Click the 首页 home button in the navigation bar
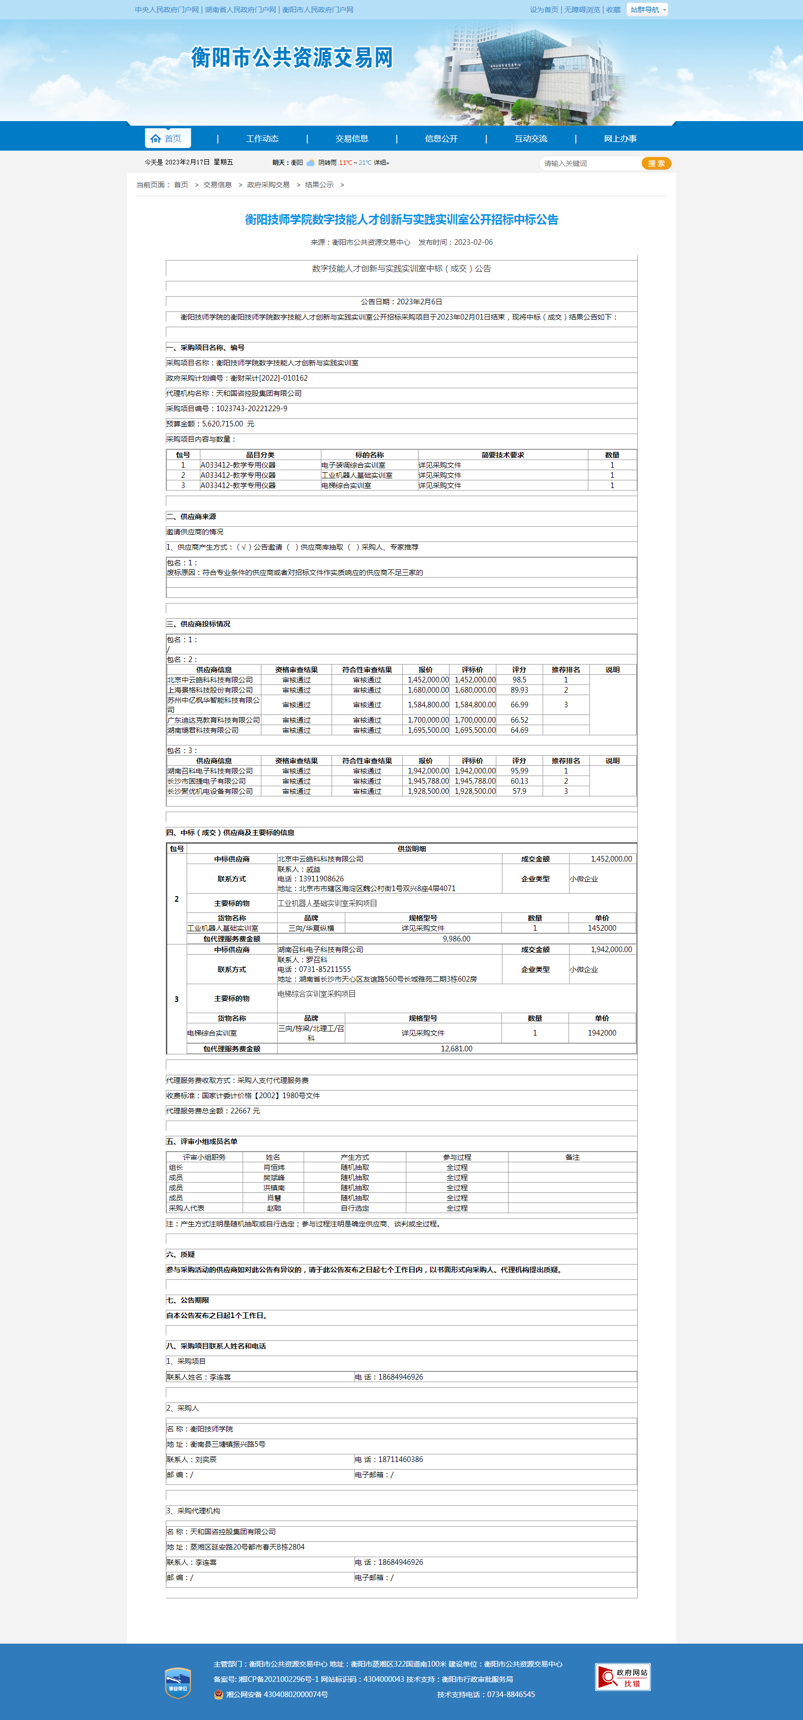(167, 138)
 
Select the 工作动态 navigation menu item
(262, 139)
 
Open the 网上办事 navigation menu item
(620, 139)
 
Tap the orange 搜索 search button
(656, 163)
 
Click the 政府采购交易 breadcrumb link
(269, 185)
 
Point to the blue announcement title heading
(401, 220)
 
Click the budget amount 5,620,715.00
(222, 424)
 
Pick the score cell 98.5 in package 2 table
(519, 680)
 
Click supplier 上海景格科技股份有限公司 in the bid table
(210, 690)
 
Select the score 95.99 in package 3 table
(519, 770)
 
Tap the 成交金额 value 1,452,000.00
(611, 858)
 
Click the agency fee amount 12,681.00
(457, 1048)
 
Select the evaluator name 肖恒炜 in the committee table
(274, 1167)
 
